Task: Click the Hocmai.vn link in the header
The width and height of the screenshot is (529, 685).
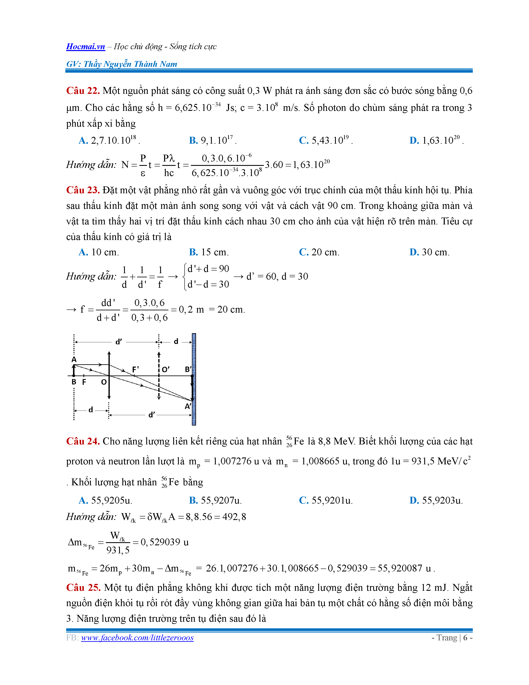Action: pyautogui.click(x=85, y=46)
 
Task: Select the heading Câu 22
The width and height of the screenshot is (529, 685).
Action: pyautogui.click(x=83, y=91)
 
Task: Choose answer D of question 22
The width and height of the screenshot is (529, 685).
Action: pyautogui.click(x=436, y=140)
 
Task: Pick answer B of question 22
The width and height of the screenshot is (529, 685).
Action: pyautogui.click(x=212, y=140)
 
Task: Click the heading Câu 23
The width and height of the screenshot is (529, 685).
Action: pyautogui.click(x=83, y=190)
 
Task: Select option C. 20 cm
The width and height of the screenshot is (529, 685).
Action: pyautogui.click(x=319, y=252)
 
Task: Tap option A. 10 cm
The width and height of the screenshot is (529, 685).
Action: pyautogui.click(x=99, y=252)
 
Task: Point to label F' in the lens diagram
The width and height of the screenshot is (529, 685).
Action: pyautogui.click(x=135, y=369)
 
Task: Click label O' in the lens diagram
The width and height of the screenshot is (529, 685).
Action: pyautogui.click(x=166, y=369)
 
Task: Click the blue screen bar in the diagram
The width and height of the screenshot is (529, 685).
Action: pyautogui.click(x=194, y=379)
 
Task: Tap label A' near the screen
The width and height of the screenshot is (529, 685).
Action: pyautogui.click(x=188, y=406)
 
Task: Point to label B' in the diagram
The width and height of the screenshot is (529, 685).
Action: pyautogui.click(x=188, y=369)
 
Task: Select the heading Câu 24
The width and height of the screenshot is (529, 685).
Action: pyautogui.click(x=83, y=441)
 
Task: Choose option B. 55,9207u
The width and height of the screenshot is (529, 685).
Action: pyautogui.click(x=215, y=500)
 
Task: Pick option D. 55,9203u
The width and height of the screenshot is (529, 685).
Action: pyautogui.click(x=436, y=500)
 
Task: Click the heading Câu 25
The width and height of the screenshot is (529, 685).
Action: pyautogui.click(x=83, y=587)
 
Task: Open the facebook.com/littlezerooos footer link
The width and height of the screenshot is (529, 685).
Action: pyautogui.click(x=137, y=638)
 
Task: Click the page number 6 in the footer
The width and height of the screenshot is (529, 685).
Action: pyautogui.click(x=465, y=638)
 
